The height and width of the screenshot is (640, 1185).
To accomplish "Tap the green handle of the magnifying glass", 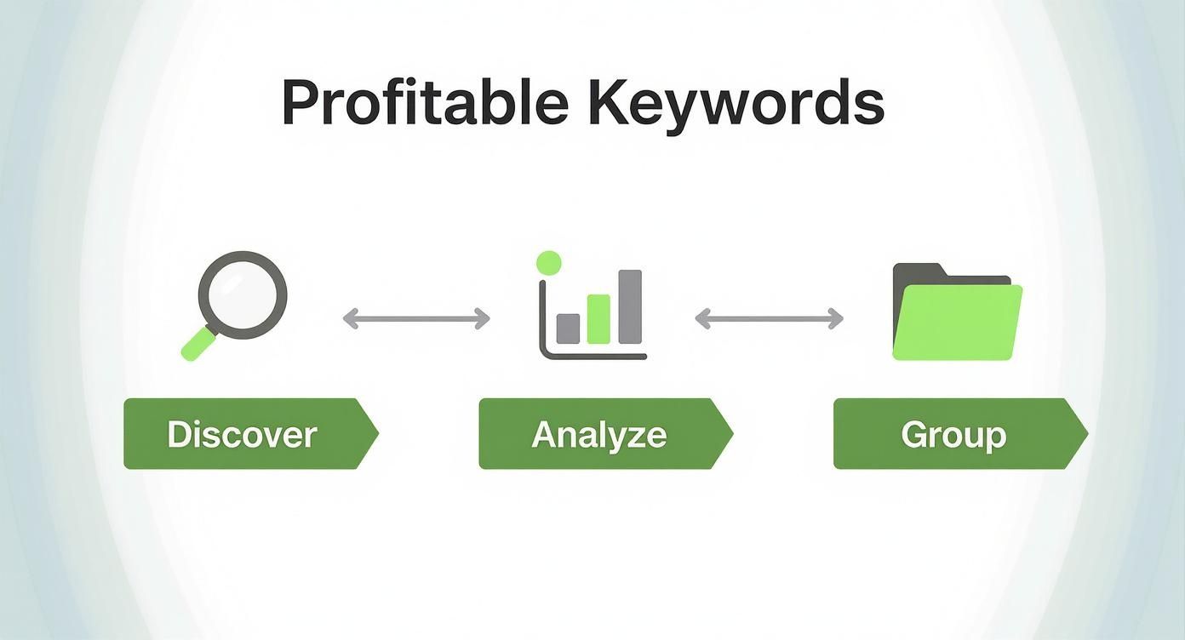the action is [198, 344].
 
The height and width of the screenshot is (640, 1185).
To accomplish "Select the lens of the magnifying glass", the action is [243, 294].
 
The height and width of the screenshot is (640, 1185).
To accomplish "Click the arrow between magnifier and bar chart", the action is [416, 318].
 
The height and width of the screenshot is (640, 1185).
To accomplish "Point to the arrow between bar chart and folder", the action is [769, 318].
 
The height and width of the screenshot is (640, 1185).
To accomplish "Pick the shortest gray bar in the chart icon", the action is [568, 329].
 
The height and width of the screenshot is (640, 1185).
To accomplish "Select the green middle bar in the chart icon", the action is [598, 319].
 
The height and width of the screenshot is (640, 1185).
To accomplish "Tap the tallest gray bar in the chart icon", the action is [630, 306].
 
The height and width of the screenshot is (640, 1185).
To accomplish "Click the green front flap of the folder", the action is [957, 323].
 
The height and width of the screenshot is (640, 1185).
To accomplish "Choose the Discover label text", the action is [242, 435].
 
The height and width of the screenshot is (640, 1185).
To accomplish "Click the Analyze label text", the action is [598, 436].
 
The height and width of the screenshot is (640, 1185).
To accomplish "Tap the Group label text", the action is [953, 436].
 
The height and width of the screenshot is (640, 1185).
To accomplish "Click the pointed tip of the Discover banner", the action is [379, 433].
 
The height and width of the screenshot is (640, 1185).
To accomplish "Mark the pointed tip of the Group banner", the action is [1088, 434].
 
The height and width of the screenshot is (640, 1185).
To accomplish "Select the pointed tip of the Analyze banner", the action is [733, 434].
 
